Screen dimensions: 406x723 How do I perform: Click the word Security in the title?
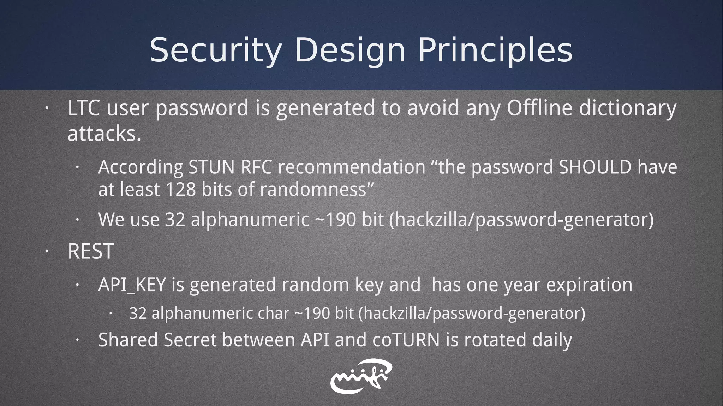(x=215, y=50)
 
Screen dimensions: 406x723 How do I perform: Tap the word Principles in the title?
(x=495, y=50)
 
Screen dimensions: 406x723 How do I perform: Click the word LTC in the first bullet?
(x=83, y=108)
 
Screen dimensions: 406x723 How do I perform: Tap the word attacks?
(x=104, y=134)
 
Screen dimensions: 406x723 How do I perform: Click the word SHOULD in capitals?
(x=595, y=167)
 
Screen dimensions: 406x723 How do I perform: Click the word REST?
(x=90, y=251)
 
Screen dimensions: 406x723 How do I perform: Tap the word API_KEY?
(x=132, y=285)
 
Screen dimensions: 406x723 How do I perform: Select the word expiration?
(x=589, y=285)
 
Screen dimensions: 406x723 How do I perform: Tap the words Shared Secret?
(x=157, y=340)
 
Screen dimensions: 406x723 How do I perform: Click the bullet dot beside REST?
(x=46, y=251)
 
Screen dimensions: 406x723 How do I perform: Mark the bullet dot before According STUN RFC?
(x=77, y=168)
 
